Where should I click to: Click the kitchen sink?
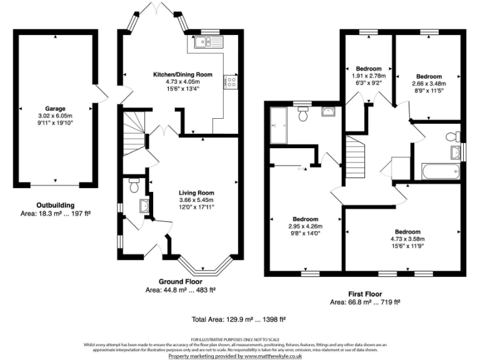tap(204, 42)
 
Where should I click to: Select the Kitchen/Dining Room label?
tap(183, 74)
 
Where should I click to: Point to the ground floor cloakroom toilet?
tap(132, 185)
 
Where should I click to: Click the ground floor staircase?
tap(133, 134)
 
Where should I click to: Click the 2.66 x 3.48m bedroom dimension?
tap(429, 84)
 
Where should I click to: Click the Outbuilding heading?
tap(55, 205)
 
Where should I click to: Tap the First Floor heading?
tap(364, 294)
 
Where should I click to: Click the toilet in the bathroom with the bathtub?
tap(451, 136)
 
